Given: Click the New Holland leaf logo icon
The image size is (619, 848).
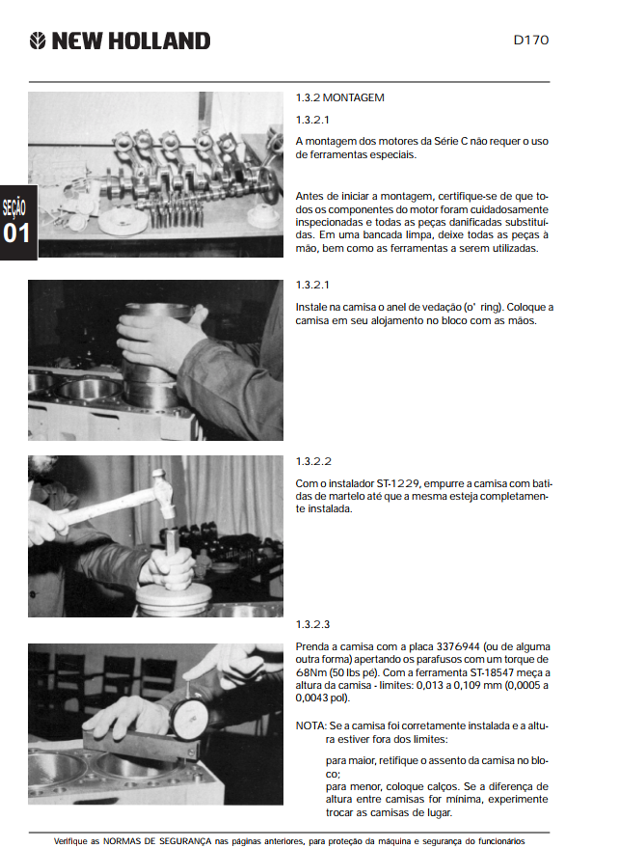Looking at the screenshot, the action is tap(38, 41).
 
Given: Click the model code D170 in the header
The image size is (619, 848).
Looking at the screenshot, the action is tap(531, 40).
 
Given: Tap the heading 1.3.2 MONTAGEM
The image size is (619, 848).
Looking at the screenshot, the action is tap(340, 97).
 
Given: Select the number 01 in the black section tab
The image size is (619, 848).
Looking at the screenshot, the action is tap(16, 233).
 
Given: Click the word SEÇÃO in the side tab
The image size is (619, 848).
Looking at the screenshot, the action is tap(14, 207).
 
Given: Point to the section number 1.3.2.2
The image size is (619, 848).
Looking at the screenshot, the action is tap(313, 461).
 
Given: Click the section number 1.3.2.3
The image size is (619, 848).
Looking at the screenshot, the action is tap(312, 624).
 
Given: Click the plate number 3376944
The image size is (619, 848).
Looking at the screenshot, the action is tap(458, 646).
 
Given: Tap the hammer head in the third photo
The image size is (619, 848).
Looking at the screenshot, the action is tap(163, 490).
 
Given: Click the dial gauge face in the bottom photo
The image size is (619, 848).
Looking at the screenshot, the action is tap(190, 718).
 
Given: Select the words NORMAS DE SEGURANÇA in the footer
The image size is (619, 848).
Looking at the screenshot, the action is tap(157, 841).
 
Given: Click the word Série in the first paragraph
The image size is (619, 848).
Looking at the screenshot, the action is tap(446, 141).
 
